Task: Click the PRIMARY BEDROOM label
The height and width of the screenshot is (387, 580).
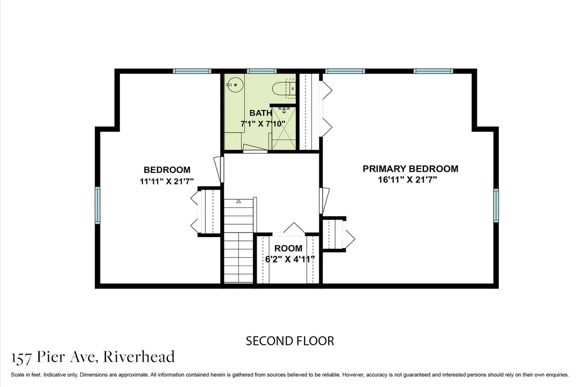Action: coord(410,169)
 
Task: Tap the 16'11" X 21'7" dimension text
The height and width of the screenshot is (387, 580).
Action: coord(408,180)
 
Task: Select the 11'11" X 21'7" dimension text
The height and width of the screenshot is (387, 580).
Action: coord(167,181)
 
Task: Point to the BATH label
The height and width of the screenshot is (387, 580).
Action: coord(261,113)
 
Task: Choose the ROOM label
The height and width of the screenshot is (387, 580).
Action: coord(288,248)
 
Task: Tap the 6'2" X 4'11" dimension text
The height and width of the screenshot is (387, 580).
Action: coord(289,259)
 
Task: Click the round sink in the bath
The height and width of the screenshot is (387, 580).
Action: coord(235,85)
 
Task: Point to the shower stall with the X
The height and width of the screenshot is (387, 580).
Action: coord(284,128)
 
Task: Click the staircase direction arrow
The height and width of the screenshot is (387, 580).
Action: coord(239,201)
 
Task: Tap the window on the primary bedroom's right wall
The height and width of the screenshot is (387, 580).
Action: coord(496,205)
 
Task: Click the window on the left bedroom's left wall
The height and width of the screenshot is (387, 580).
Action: coord(98,205)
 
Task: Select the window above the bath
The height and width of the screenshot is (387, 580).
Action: coord(262,71)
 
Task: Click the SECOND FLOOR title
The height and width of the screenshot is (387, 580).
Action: coord(290,341)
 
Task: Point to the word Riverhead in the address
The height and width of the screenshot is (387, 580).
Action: coord(139,357)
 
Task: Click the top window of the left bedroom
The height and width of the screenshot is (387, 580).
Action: coord(192,71)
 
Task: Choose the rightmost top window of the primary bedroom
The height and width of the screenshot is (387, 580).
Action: coord(433,71)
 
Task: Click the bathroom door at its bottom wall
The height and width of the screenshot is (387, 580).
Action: coord(255,151)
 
